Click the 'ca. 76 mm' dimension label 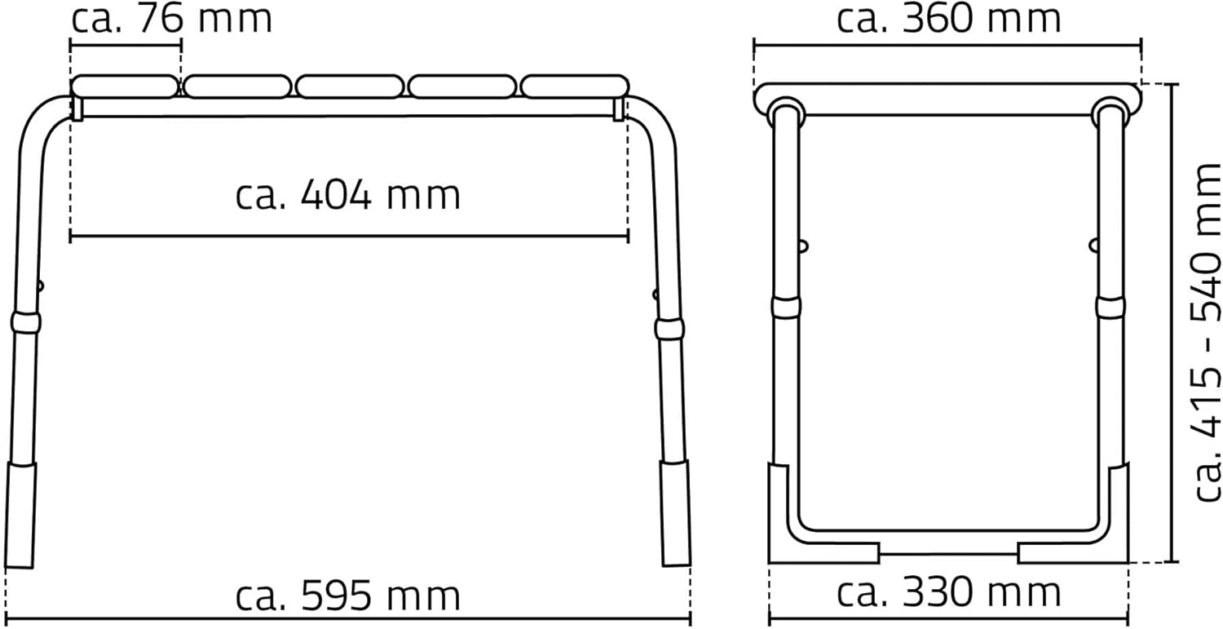171,19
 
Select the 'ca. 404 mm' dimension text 348,196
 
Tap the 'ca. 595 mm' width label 348,596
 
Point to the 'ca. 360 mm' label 948,19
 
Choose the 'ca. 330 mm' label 948,592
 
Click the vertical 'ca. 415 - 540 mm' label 1207,332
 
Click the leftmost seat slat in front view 125,87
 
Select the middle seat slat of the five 350,87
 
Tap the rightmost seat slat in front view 574,87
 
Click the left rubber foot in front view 20,515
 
